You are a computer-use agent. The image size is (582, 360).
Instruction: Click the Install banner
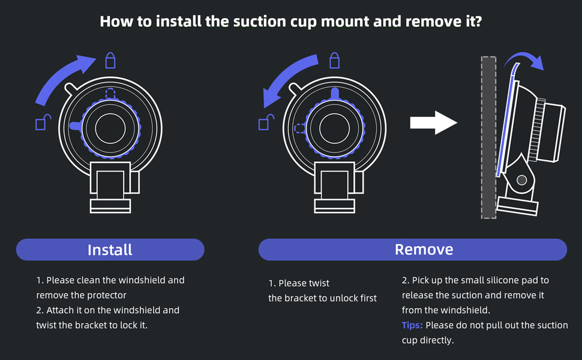[x=110, y=250]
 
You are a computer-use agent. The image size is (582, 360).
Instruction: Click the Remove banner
[x=413, y=250]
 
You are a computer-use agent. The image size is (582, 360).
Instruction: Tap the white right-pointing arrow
[x=434, y=122]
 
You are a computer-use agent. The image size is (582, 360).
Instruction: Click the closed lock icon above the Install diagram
[x=110, y=60]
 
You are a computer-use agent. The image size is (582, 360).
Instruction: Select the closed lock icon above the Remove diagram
[x=334, y=60]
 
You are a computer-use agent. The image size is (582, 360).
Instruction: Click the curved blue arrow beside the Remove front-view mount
[x=287, y=78]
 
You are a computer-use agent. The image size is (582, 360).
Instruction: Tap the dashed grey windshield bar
[x=488, y=137]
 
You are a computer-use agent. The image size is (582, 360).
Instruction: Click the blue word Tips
[x=412, y=325]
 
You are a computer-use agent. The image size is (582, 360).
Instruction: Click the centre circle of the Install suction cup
[x=110, y=128]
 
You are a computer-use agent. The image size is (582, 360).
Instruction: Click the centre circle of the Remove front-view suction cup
[x=334, y=128]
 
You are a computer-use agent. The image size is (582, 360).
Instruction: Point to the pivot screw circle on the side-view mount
[x=521, y=180]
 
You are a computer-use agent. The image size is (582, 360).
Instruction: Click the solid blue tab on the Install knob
[x=76, y=126]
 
